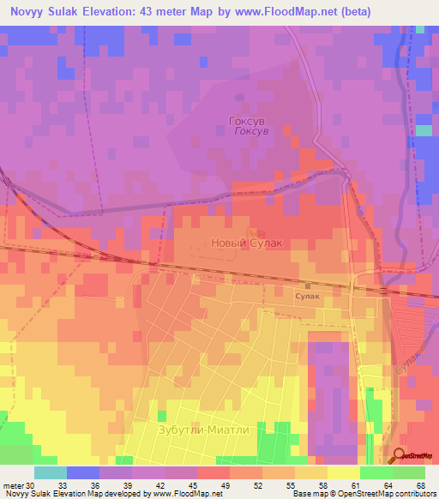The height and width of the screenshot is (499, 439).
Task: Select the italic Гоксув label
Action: (x=251, y=131)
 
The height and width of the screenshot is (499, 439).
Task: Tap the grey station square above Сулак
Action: (x=307, y=286)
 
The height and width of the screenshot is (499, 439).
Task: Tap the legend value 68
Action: (x=420, y=485)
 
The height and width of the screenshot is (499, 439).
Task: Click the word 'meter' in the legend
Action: (x=13, y=485)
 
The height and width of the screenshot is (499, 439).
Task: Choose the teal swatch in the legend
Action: (x=50, y=472)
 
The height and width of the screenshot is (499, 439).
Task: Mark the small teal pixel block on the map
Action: (x=423, y=130)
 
